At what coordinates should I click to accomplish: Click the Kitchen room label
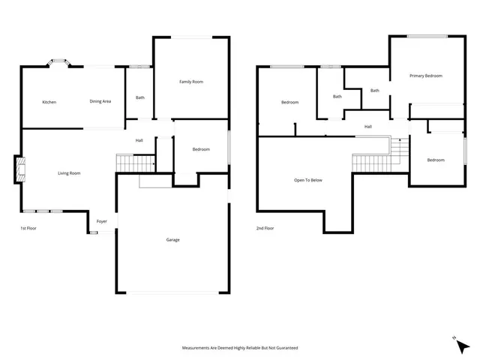click(x=49, y=102)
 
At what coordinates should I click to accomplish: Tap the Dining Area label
click(x=100, y=101)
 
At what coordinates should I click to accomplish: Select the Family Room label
click(x=190, y=82)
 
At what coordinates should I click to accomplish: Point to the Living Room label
click(x=69, y=173)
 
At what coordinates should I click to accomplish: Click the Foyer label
click(x=101, y=221)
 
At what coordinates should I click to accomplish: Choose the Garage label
click(x=172, y=240)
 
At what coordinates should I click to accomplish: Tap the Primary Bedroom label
click(x=425, y=76)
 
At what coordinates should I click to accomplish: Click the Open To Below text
click(x=307, y=181)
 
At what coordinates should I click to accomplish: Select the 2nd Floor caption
click(x=265, y=228)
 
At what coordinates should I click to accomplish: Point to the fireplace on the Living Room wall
click(x=19, y=169)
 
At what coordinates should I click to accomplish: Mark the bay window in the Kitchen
click(x=57, y=63)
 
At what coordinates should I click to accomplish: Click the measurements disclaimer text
click(x=240, y=348)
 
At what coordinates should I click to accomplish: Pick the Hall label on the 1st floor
click(x=139, y=141)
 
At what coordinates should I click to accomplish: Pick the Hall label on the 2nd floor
click(x=368, y=127)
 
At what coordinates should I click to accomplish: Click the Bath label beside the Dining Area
click(x=139, y=97)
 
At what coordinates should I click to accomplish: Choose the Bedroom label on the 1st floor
click(x=200, y=149)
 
